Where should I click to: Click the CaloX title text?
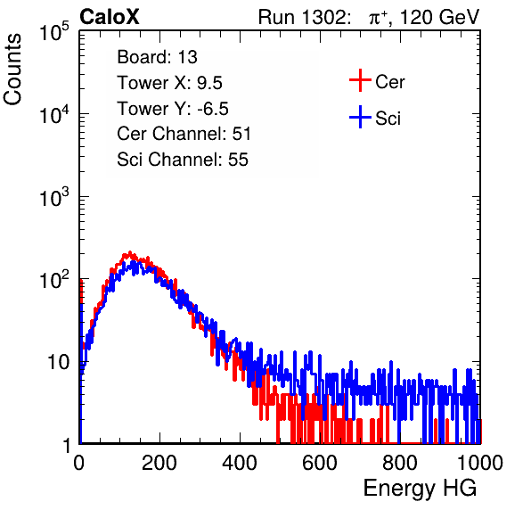coord(109,17)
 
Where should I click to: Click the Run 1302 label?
coord(304,17)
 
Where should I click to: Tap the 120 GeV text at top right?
coord(440,17)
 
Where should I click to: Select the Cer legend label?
coord(389,82)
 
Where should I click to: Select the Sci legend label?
coord(388,119)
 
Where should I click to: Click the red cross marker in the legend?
coord(360,80)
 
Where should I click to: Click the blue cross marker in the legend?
coord(360,118)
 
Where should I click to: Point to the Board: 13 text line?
coord(157,57)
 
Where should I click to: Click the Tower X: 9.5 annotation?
coord(169,83)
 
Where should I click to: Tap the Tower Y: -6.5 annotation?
coord(173,109)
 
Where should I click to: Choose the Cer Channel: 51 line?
coord(184,134)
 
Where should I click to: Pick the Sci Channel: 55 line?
coord(183,160)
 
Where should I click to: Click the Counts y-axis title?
coord(12,70)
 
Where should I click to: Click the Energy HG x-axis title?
coord(420,488)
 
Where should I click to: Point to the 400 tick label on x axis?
coord(240,463)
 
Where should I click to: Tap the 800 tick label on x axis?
coord(400,463)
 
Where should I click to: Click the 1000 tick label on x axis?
coord(480,463)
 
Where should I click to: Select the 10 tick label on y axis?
coord(58,362)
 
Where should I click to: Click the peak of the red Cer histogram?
coord(130,253)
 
